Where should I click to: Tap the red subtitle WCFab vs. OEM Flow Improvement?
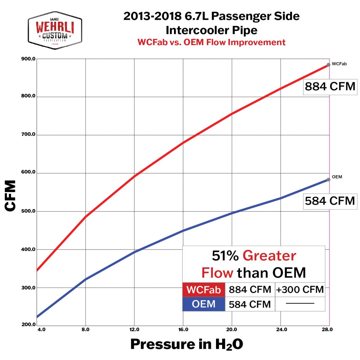[x=211, y=42]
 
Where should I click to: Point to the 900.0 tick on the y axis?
[x=28, y=59]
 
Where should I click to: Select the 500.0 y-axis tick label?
[x=28, y=211]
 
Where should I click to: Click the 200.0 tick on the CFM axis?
[x=28, y=324]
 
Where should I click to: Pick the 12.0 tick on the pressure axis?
[x=134, y=329]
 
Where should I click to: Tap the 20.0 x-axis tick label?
[x=232, y=329]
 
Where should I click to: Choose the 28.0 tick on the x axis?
[x=327, y=329]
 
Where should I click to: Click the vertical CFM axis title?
[x=10, y=196]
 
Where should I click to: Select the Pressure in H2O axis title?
[x=186, y=344]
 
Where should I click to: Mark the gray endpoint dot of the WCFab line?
[x=328, y=65]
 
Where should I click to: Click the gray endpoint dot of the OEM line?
[x=328, y=180]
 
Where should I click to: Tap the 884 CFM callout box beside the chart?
[x=330, y=87]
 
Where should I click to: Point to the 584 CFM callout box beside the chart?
[x=330, y=201]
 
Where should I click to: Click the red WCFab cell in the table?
[x=204, y=290]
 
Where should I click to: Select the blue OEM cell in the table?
[x=204, y=304]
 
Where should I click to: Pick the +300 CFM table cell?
[x=300, y=290]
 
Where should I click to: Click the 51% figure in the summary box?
[x=225, y=256]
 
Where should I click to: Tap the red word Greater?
[x=269, y=256]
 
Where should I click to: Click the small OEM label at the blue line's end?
[x=337, y=177]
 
